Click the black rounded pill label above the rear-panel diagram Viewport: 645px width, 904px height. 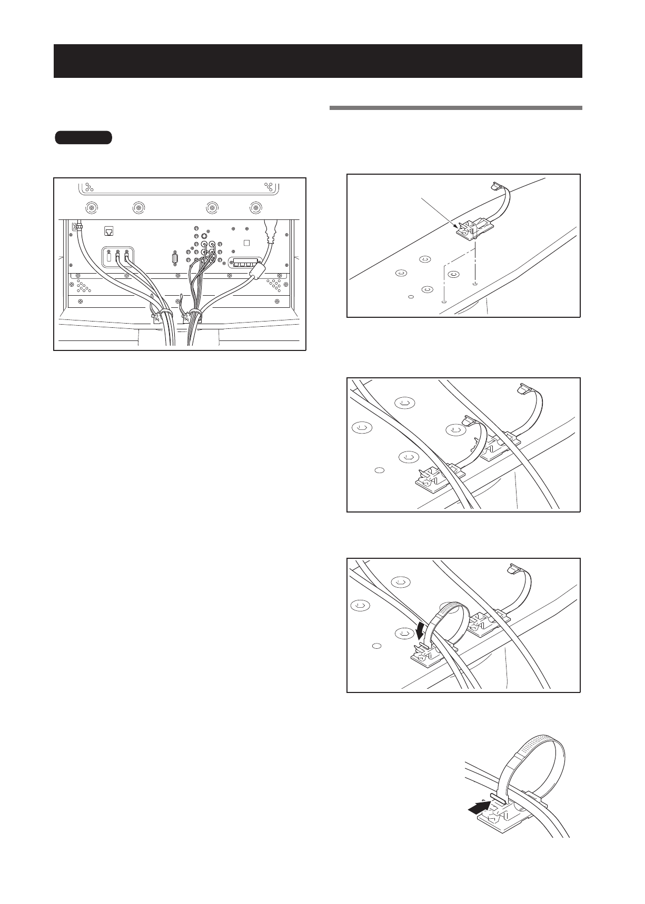point(83,138)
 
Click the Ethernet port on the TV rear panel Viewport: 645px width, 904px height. point(110,232)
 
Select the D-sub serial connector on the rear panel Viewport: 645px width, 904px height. point(174,260)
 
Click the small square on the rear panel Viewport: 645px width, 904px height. point(246,243)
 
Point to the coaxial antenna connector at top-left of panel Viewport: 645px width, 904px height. point(77,227)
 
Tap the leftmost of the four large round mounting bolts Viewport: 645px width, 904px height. point(93,207)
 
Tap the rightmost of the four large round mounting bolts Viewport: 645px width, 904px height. point(256,207)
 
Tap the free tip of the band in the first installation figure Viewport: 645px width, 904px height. point(496,186)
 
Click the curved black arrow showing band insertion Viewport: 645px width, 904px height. point(421,629)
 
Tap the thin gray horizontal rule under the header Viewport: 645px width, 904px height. point(455,108)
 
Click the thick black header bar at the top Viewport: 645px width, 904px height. point(317,61)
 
